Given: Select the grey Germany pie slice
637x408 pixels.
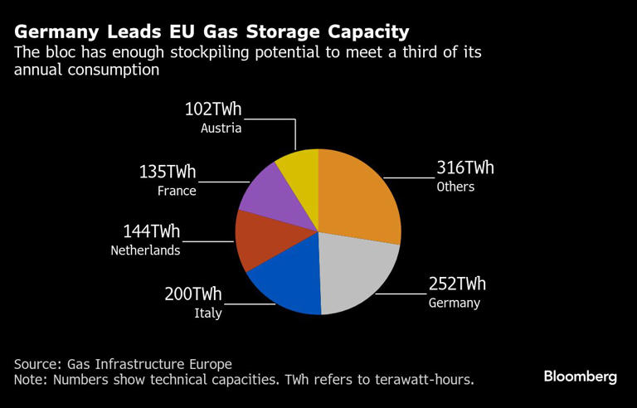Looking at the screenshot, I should click(357, 270).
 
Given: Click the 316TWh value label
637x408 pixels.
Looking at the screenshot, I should click(465, 168).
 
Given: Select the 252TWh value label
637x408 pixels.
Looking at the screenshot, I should click(457, 284).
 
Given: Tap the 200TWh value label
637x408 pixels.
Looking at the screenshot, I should click(193, 294).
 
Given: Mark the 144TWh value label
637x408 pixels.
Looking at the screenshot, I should click(151, 231).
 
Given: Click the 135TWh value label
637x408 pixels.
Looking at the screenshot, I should click(168, 172).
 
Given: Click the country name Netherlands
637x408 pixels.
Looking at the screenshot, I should click(145, 250).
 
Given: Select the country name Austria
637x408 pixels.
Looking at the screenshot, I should click(221, 129).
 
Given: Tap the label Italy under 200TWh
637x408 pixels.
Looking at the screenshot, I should click(207, 313).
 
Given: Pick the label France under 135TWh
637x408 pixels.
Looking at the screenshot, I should click(177, 191).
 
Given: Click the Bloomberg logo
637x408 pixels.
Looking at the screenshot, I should click(580, 376).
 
